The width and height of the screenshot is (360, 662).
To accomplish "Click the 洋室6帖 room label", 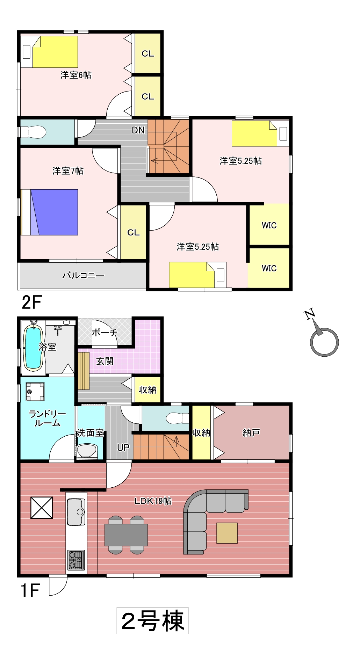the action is pyautogui.click(x=76, y=75).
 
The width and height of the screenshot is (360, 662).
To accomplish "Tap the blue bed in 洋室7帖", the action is pyautogui.click(x=50, y=212).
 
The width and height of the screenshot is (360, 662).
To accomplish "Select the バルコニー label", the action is pyautogui.click(x=83, y=275).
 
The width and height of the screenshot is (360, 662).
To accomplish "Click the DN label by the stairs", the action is pyautogui.click(x=138, y=130).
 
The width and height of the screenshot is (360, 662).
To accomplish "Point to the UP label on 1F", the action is pyautogui.click(x=123, y=448).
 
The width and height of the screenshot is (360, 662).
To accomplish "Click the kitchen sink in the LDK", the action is pyautogui.click(x=76, y=511).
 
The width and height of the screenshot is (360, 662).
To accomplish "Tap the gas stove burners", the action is pyautogui.click(x=76, y=560).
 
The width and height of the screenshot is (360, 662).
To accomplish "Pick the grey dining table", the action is pyautogui.click(x=126, y=535).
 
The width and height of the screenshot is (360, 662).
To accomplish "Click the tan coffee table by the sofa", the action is pyautogui.click(x=227, y=533).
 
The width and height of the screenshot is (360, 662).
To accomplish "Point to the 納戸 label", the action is pyautogui.click(x=251, y=433).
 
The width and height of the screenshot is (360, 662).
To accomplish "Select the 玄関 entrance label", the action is pyautogui.click(x=105, y=361).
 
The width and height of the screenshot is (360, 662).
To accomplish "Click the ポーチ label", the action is pyautogui.click(x=104, y=332).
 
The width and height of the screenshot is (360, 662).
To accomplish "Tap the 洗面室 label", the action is pyautogui.click(x=91, y=433).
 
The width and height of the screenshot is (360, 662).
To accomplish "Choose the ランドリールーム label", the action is pyautogui.click(x=47, y=419).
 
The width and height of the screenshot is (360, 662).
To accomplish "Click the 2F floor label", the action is pyautogui.click(x=31, y=303).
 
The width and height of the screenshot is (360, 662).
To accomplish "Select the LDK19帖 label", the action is pyautogui.click(x=153, y=501).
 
